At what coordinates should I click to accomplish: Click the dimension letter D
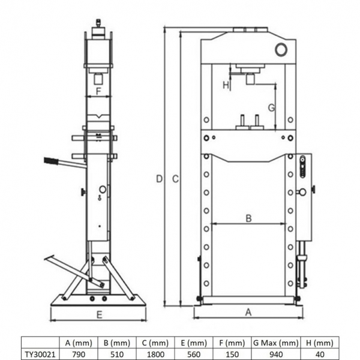(159, 179)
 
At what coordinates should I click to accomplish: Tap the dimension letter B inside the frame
(248, 218)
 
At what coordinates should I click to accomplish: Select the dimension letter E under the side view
(99, 313)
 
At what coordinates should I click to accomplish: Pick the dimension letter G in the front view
(271, 108)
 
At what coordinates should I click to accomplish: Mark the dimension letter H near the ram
(226, 85)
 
